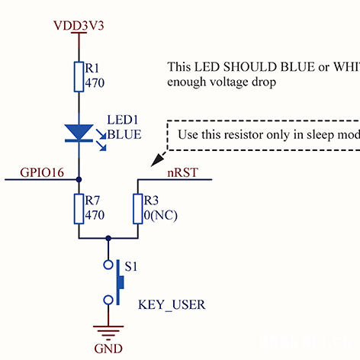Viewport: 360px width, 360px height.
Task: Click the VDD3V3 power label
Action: [78, 25]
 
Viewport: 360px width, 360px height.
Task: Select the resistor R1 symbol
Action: [79, 76]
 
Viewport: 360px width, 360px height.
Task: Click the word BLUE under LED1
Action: [124, 133]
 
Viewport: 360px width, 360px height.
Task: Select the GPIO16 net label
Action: [42, 172]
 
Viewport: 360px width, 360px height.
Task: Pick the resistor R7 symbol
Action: [79, 208]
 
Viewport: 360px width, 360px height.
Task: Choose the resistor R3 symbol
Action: [138, 208]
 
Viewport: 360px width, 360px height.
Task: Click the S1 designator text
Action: [132, 268]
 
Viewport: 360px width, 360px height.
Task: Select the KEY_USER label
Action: [172, 305]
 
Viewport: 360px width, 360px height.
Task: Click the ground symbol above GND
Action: [108, 330]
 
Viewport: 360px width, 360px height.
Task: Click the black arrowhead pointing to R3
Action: [157, 159]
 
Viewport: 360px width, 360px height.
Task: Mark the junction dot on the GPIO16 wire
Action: [79, 180]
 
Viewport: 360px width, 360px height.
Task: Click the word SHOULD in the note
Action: [253, 67]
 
